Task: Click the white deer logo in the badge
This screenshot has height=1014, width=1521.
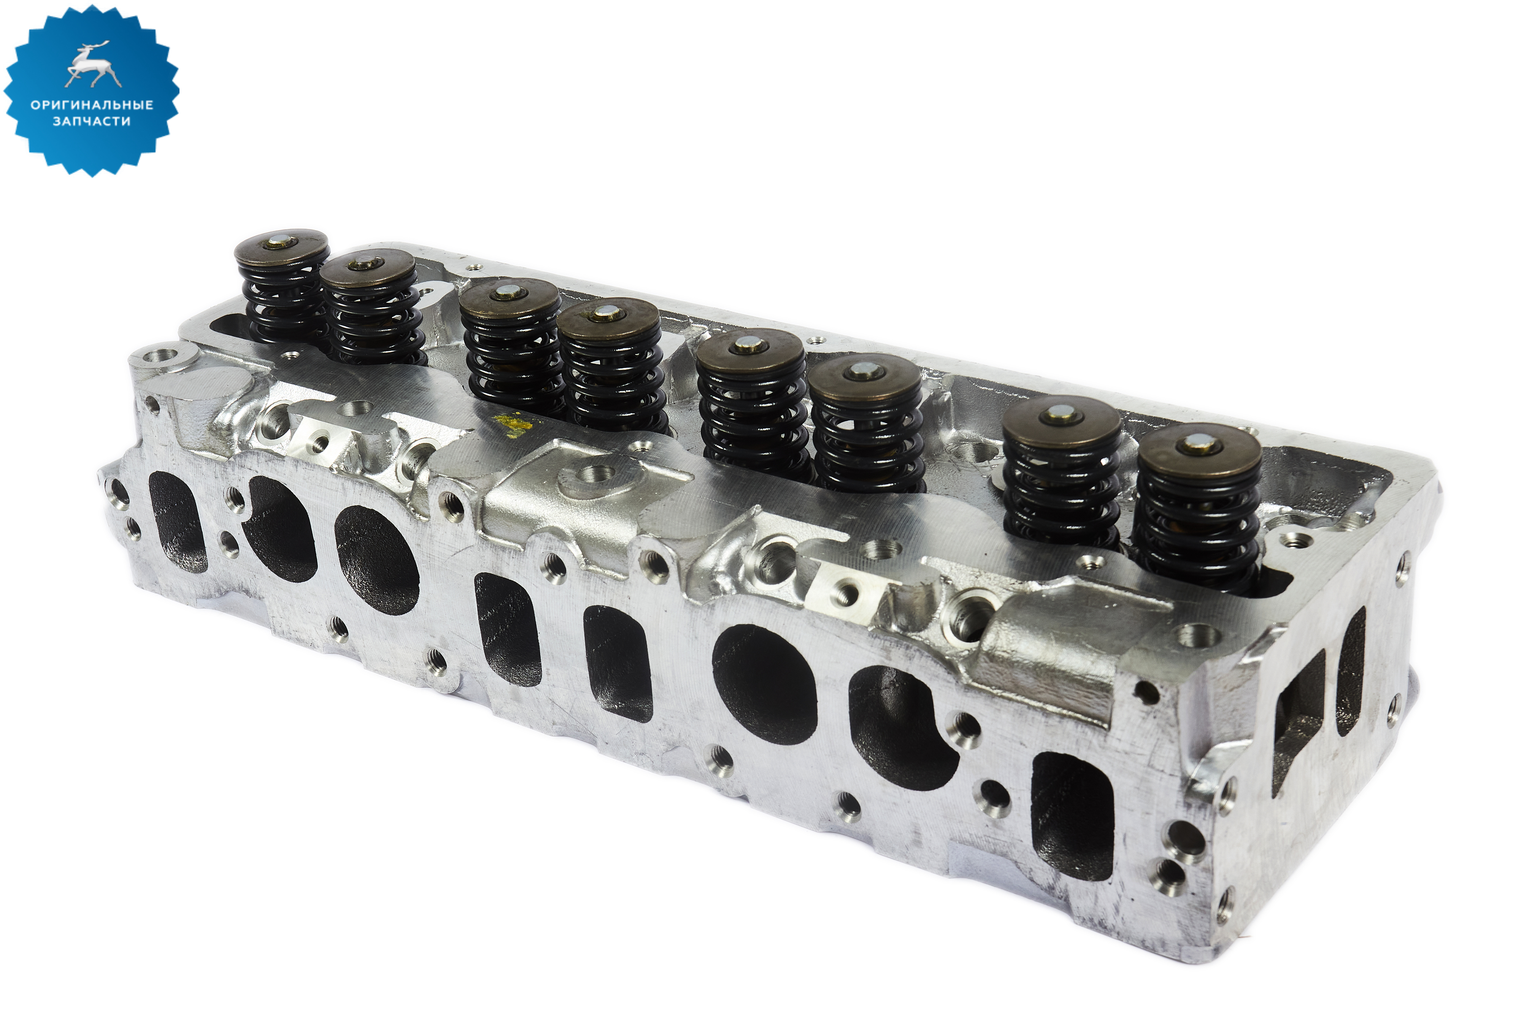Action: click(92, 65)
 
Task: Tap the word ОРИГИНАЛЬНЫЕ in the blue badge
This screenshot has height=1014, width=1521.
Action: click(92, 105)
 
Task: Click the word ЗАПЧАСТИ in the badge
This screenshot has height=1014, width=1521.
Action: click(92, 121)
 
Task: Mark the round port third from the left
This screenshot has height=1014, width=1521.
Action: click(377, 559)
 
